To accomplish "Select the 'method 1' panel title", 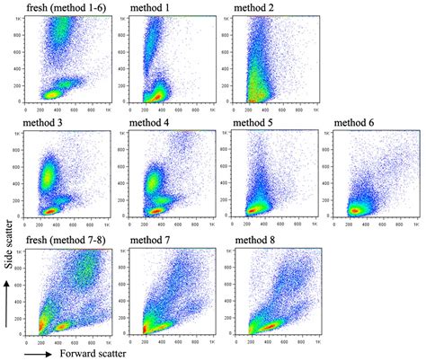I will pyautogui.click(x=146, y=8).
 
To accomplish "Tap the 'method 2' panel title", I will pyautogui.click(x=257, y=8).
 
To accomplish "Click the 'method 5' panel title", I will pyautogui.click(x=258, y=122).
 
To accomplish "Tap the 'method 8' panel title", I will pyautogui.click(x=258, y=239).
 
